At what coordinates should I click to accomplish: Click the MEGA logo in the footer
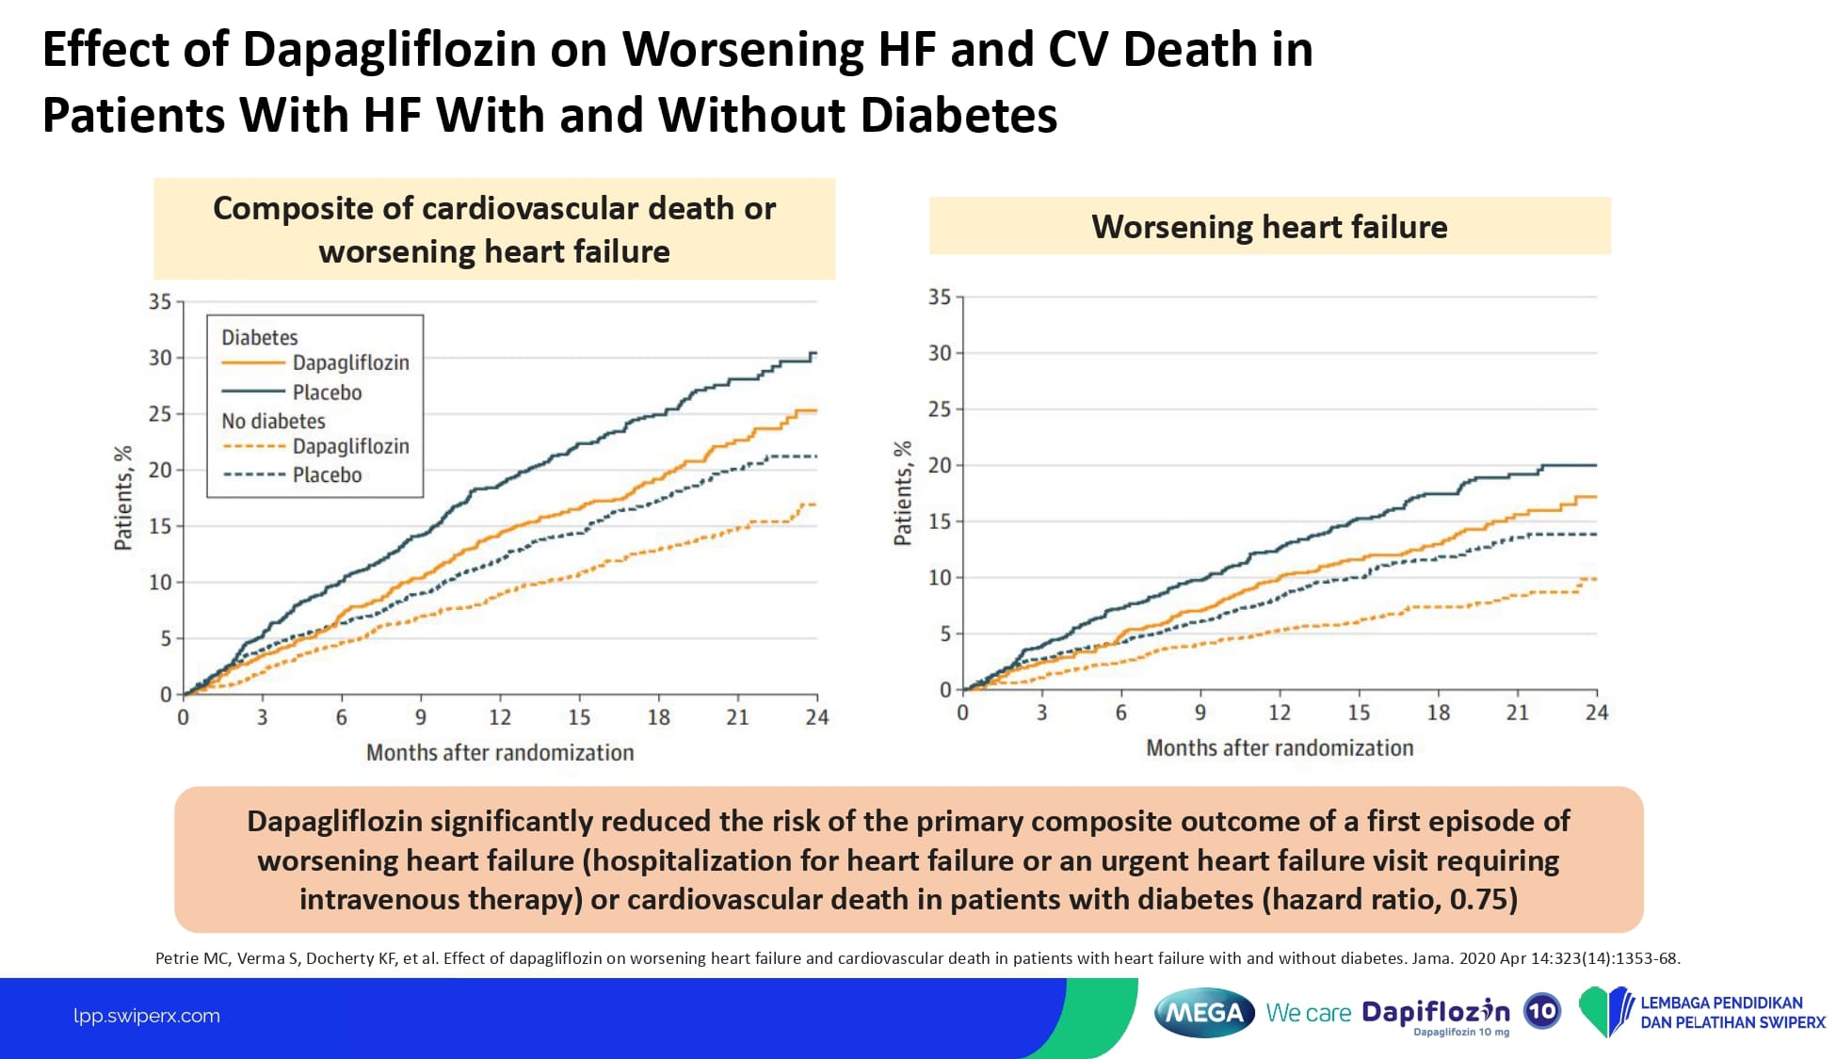(1204, 1013)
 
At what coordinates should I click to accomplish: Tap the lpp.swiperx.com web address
(147, 1016)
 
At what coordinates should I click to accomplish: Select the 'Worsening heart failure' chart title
(1269, 227)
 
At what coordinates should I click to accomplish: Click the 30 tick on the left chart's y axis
(160, 358)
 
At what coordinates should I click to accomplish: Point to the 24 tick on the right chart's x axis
(1596, 713)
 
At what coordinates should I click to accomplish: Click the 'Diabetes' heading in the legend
(259, 337)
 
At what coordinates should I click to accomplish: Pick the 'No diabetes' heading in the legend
(273, 421)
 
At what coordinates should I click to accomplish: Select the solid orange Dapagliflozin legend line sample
(252, 362)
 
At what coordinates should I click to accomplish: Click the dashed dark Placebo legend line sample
(252, 474)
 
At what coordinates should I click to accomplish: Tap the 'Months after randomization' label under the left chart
(500, 752)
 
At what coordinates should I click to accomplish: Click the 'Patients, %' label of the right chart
(903, 493)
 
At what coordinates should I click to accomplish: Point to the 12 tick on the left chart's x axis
(500, 717)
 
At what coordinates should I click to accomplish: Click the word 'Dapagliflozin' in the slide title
(389, 49)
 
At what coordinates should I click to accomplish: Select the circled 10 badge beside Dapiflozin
(1541, 1012)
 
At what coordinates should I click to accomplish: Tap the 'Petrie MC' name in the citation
(192, 958)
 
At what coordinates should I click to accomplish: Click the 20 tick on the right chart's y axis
(940, 465)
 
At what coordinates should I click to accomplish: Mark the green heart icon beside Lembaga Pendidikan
(1604, 1012)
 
